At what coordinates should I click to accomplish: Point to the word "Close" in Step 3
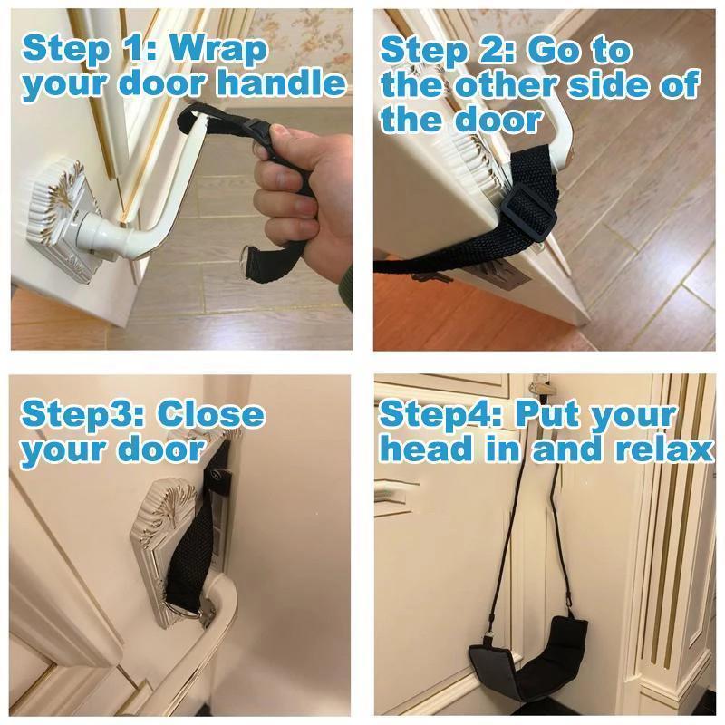tap(211, 414)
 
